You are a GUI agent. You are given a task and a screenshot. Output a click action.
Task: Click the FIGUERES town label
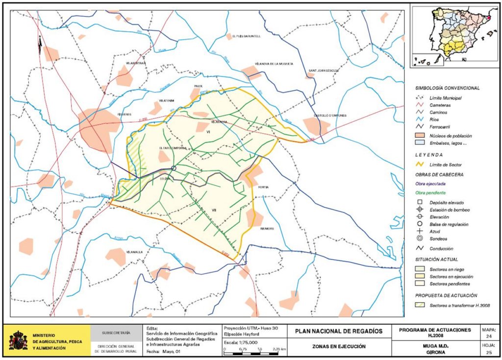click(x=125, y=115)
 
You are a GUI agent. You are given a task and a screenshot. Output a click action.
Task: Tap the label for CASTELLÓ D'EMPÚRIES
click(x=329, y=116)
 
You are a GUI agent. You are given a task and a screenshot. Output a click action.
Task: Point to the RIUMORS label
click(x=267, y=228)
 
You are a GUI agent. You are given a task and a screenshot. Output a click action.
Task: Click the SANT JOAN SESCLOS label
click(x=323, y=70)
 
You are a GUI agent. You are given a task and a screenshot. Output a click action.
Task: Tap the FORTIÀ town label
click(x=263, y=187)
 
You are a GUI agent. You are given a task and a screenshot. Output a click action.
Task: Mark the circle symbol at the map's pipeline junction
click(x=173, y=168)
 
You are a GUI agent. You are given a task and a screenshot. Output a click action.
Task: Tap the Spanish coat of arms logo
click(x=18, y=340)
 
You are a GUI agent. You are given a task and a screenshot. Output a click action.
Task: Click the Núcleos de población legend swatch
click(x=420, y=135)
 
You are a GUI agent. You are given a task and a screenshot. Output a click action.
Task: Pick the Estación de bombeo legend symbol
click(x=420, y=210)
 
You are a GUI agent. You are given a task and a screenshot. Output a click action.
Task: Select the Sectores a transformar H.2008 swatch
click(x=420, y=305)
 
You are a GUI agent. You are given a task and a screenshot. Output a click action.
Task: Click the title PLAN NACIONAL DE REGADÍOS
click(x=338, y=332)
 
